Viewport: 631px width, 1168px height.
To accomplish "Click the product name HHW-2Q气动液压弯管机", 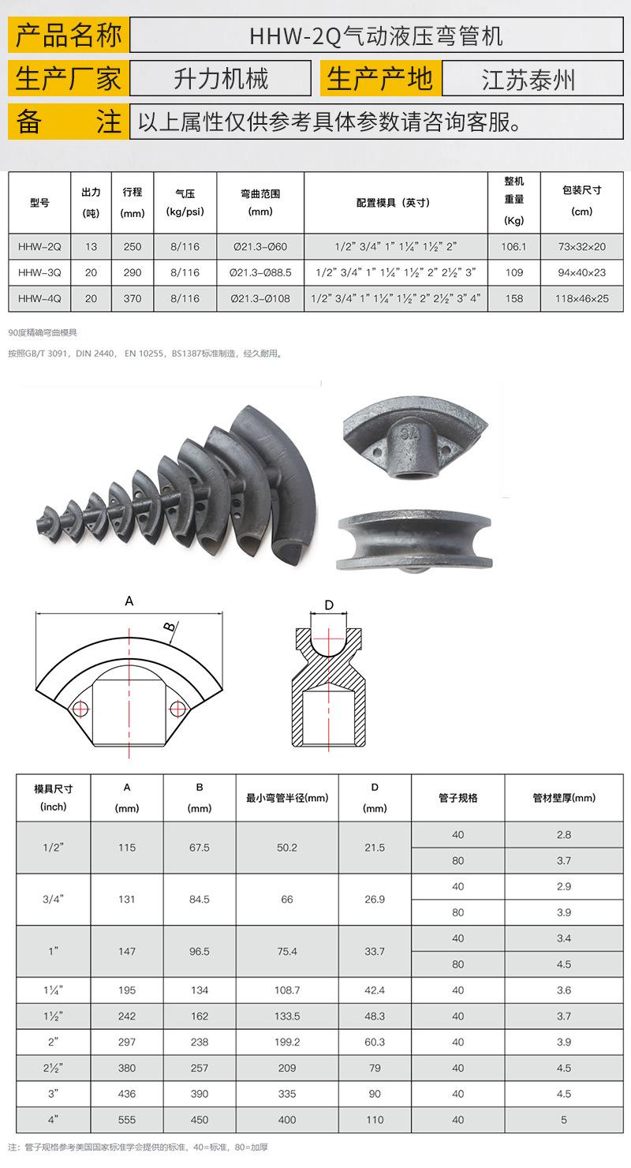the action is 376,36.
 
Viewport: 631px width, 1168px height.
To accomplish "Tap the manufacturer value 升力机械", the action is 221,79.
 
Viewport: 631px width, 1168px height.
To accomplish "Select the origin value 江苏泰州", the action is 528,80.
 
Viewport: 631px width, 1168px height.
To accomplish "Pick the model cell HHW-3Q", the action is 39,272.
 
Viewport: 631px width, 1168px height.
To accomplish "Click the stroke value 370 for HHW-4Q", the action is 133,298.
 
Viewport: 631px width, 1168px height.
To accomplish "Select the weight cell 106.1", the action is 513,247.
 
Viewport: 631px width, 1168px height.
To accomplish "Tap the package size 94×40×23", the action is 582,272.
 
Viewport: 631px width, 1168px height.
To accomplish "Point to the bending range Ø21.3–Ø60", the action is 260,247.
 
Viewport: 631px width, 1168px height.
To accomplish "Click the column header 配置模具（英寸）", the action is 394,203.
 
